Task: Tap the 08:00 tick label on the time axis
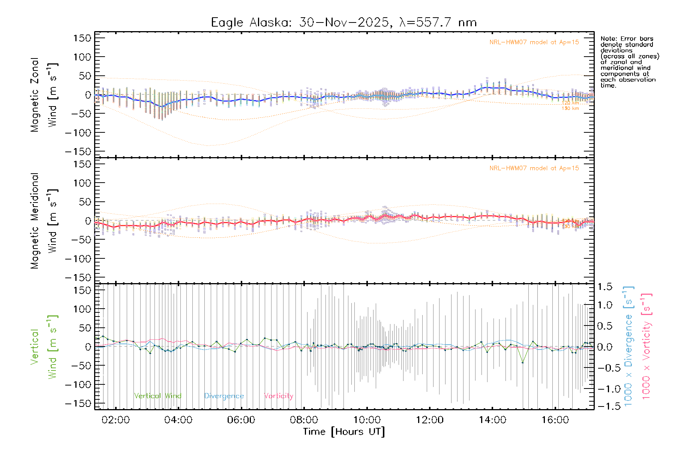coord(304,420)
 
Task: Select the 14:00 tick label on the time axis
coord(492,420)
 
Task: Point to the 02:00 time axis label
coord(115,420)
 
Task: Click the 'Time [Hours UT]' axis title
coord(344,432)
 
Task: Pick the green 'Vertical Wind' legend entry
coord(157,396)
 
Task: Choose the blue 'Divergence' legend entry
coord(224,396)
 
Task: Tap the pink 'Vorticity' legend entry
coord(278,396)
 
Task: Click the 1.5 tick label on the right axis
coord(605,287)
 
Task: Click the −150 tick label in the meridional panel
coord(78,277)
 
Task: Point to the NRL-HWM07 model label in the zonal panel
coord(534,42)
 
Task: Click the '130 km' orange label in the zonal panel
coord(570,109)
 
